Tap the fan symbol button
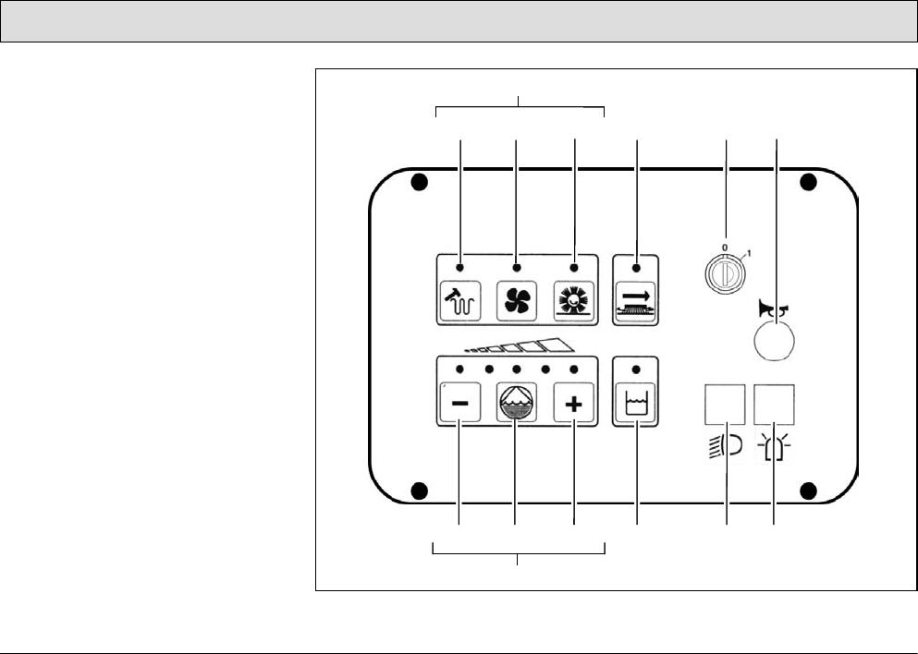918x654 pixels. point(516,302)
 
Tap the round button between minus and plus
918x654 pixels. point(516,404)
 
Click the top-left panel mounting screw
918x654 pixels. point(419,182)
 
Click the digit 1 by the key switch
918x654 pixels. point(750,253)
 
